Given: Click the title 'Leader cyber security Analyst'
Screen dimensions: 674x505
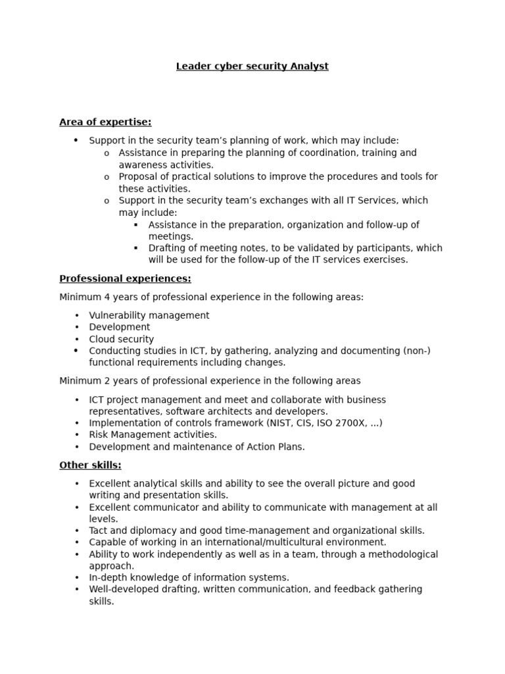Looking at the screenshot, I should click(252, 66).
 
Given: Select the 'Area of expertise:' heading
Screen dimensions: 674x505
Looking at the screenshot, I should click(105, 122).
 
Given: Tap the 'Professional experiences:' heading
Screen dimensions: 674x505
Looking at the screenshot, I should click(125, 278).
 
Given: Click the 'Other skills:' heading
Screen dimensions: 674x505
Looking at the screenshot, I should click(90, 465).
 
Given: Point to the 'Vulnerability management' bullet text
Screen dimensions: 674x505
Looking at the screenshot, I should click(149, 315).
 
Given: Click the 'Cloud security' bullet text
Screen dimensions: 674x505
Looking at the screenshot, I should click(122, 340).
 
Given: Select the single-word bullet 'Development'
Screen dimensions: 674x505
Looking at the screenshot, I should click(120, 327).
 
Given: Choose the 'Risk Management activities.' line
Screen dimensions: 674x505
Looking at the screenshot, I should click(153, 435).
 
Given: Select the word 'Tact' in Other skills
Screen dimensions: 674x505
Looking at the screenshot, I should click(99, 531).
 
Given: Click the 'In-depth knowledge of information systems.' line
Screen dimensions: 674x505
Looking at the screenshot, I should click(189, 578).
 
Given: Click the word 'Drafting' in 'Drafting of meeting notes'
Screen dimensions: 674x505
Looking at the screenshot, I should click(168, 248).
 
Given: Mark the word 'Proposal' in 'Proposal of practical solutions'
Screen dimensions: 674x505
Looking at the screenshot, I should click(139, 176).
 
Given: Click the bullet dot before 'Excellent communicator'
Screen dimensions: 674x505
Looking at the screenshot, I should click(76, 507).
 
